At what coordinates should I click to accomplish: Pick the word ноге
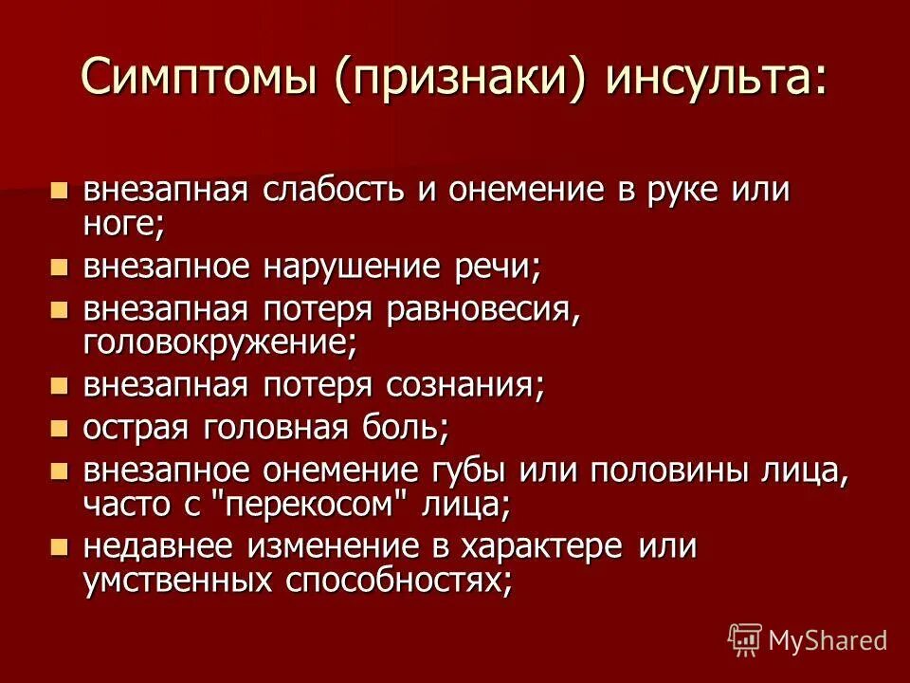pos(120,223)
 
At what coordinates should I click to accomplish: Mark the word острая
pos(136,428)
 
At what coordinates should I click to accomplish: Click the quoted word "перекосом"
pos(314,504)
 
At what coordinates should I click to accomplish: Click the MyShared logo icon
pos(744,638)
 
